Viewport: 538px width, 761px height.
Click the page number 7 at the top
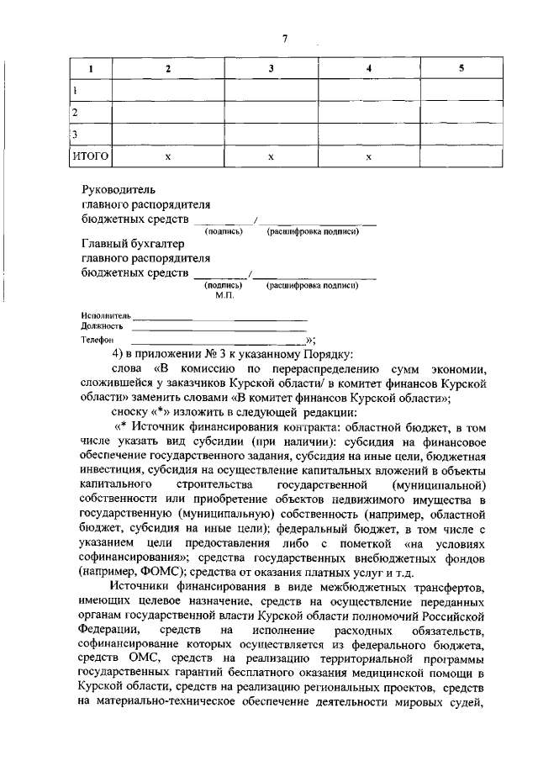(285, 38)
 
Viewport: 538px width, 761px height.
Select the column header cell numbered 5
(461, 69)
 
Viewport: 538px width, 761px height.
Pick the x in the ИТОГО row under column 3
(270, 156)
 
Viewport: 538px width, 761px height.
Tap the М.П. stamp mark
(224, 295)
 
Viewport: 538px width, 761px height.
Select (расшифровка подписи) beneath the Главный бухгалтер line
(313, 286)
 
